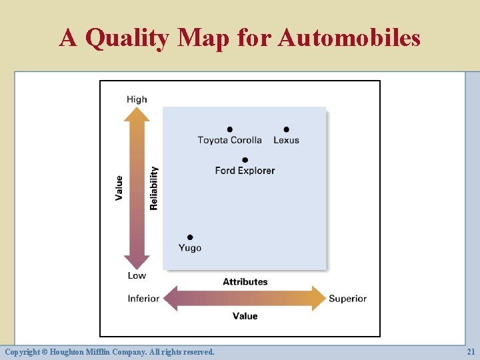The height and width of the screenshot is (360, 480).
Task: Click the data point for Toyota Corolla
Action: point(229,129)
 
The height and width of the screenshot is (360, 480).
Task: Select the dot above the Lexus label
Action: point(286,129)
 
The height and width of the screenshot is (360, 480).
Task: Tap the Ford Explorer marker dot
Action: point(245,160)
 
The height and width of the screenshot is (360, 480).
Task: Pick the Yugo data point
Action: point(190,237)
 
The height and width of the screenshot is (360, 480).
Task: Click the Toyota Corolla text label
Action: point(229,140)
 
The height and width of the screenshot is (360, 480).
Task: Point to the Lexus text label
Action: point(286,140)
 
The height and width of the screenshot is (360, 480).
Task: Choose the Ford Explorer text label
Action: point(245,171)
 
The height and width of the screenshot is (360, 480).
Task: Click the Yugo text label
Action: point(190,248)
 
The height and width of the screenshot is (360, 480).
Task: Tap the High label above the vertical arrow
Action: point(137,99)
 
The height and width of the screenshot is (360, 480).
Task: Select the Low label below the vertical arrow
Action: point(137,275)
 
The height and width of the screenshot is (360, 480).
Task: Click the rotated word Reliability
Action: point(154,188)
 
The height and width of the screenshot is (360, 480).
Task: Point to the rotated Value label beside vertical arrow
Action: point(119,188)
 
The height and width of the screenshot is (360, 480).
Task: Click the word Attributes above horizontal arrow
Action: point(245,282)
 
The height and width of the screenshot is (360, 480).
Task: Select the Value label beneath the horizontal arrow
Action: point(245,316)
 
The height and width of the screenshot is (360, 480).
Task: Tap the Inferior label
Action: point(143,299)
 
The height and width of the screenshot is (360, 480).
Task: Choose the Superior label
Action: point(347,299)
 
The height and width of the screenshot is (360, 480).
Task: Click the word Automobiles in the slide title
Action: point(349,37)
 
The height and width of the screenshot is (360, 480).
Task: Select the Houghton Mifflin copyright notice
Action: point(109,351)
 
